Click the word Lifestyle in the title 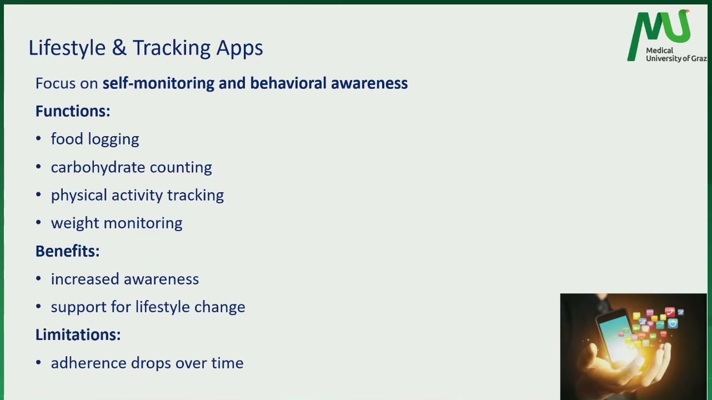pos(67,48)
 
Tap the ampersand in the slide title pos(119,48)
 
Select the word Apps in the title pos(240,49)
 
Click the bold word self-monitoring pos(158,83)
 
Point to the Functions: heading pos(73,111)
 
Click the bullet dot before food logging pos(38,139)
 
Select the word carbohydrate pos(98,167)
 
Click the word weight pos(75,223)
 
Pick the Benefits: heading pos(67,251)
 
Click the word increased pos(85,279)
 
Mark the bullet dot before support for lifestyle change pos(38,307)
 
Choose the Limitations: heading pos(78,334)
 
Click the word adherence pos(89,363)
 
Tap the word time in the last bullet pos(228,363)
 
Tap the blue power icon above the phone pos(673,324)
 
